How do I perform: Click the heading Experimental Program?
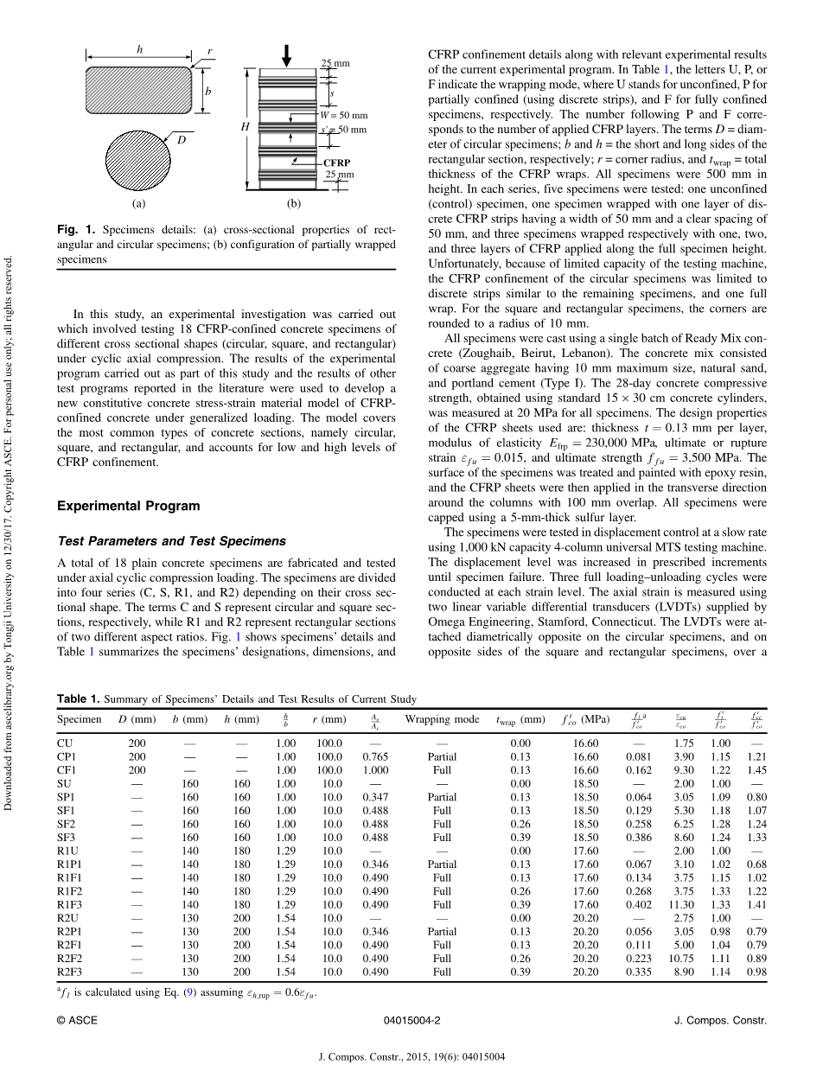tap(128, 506)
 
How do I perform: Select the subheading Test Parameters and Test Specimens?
tap(171, 541)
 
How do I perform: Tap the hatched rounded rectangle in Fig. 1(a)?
tap(138, 89)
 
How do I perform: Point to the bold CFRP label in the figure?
tap(336, 162)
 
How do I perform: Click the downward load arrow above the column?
tap(287, 53)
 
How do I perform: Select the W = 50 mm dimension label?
tap(343, 115)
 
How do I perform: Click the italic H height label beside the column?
tap(245, 126)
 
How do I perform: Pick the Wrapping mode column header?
tap(442, 719)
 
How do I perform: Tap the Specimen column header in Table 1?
tap(80, 719)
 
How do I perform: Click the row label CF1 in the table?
tap(67, 770)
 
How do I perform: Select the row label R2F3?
tap(71, 973)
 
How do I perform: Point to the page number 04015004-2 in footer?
tap(411, 1020)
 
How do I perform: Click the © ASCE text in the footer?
tap(77, 1020)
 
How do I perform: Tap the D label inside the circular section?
tap(182, 139)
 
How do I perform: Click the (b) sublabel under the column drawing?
tap(294, 204)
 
